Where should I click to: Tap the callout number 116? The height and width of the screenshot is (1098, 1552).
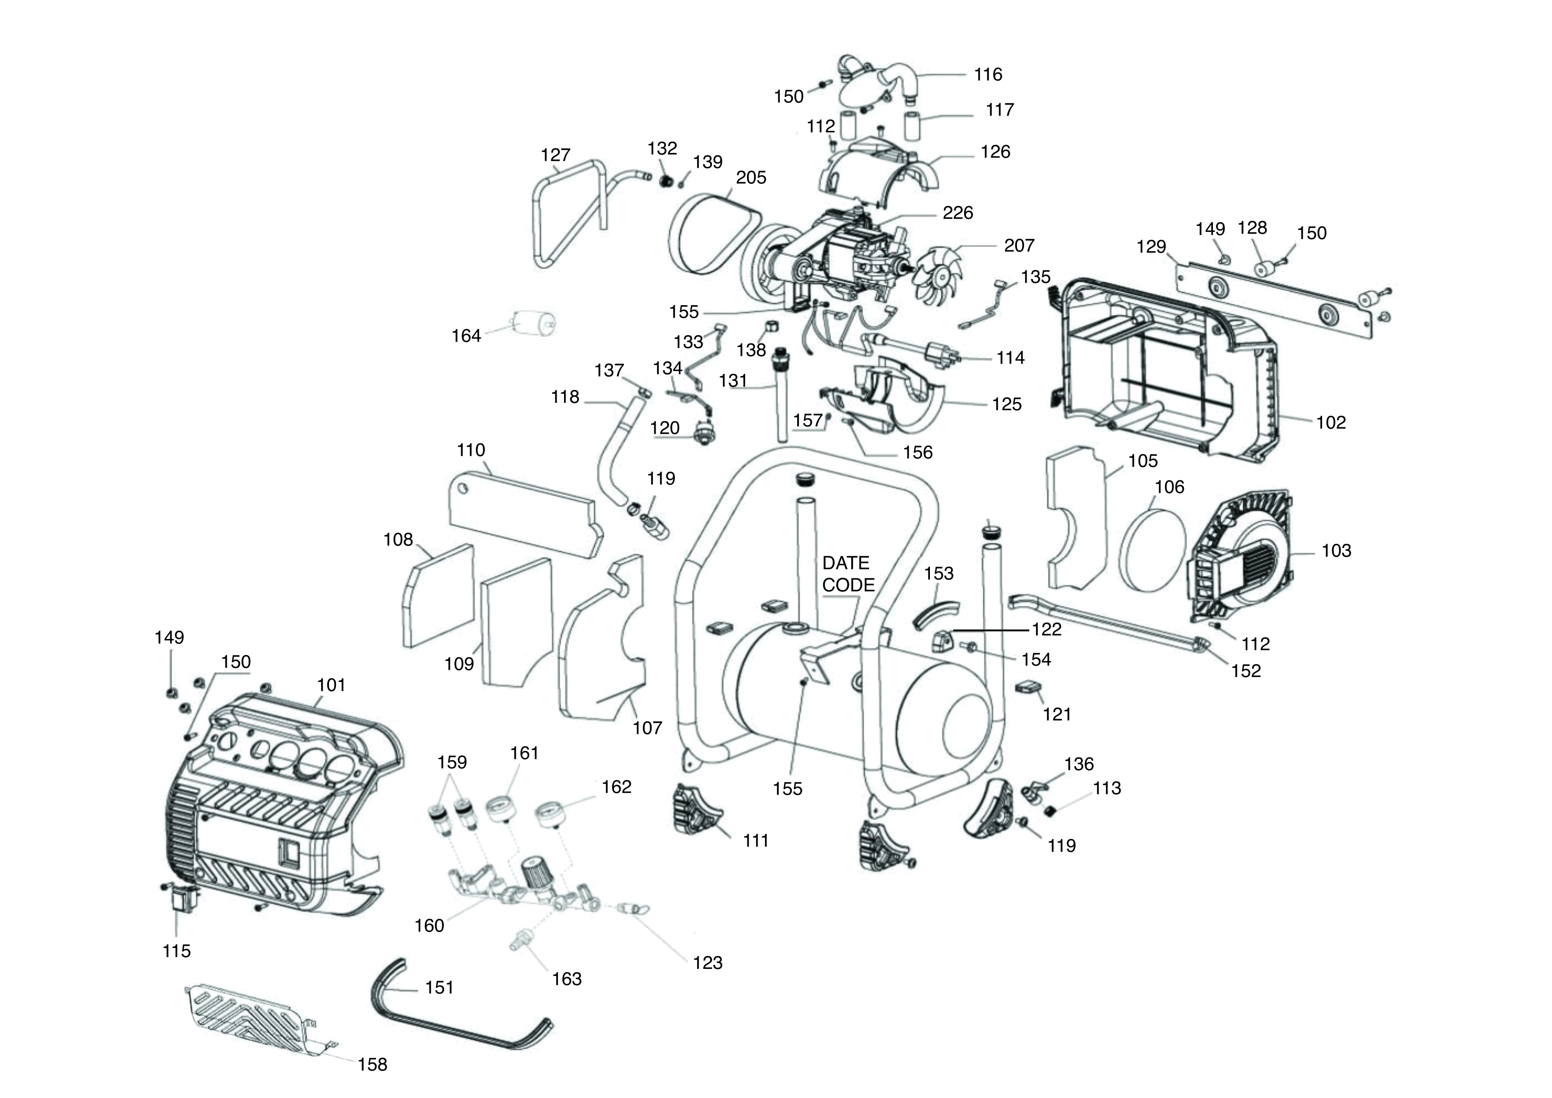(x=988, y=74)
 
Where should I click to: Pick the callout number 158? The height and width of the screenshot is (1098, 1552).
(x=372, y=1065)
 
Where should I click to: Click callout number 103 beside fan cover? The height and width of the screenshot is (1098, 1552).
(x=1336, y=550)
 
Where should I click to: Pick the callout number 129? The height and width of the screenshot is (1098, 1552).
(x=1151, y=246)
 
